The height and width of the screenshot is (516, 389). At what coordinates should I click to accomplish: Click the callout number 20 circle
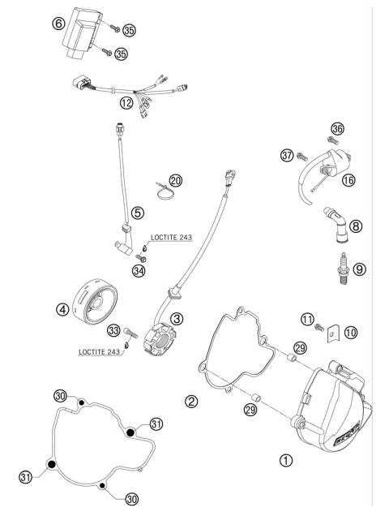(176, 180)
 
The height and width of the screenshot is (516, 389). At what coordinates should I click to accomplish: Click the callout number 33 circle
(113, 329)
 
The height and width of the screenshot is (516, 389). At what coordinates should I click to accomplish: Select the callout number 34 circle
(138, 271)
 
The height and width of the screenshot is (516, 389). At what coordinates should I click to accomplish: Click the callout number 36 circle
(337, 128)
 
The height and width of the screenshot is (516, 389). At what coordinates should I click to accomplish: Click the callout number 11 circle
(307, 320)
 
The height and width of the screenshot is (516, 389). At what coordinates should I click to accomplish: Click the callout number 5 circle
(139, 213)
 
